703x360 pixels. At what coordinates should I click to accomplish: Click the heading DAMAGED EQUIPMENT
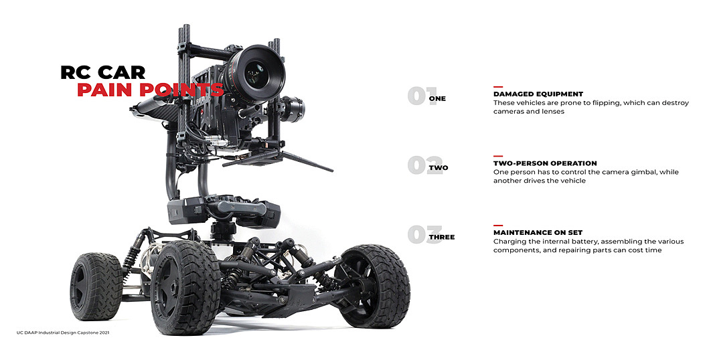[538, 94]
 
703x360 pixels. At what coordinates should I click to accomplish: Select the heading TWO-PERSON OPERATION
[545, 163]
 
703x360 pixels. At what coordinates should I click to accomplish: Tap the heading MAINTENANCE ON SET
[538, 233]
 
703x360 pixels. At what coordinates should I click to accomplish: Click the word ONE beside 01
[437, 99]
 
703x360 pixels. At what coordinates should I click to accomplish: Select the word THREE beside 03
[442, 238]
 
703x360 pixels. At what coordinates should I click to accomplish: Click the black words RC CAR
[102, 72]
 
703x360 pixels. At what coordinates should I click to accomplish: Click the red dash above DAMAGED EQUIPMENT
[498, 87]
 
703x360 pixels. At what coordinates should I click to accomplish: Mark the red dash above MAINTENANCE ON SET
[498, 226]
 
